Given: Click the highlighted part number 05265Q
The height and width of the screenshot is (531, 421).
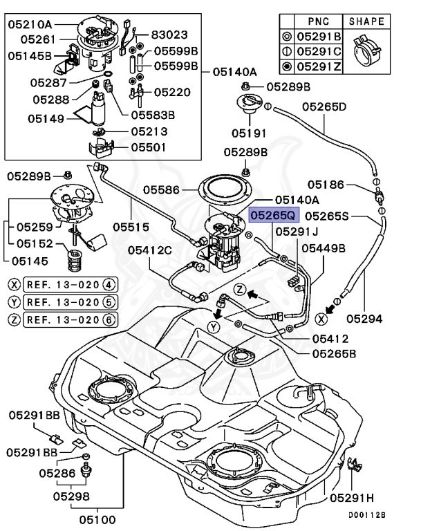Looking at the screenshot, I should (274, 215).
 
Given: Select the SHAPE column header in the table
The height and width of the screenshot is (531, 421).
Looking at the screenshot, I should (366, 21).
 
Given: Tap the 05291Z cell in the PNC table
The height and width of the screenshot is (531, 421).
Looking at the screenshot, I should (317, 67).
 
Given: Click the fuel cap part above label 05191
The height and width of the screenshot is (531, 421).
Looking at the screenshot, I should (249, 105).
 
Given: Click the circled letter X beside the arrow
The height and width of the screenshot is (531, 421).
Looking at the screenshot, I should (321, 319).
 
